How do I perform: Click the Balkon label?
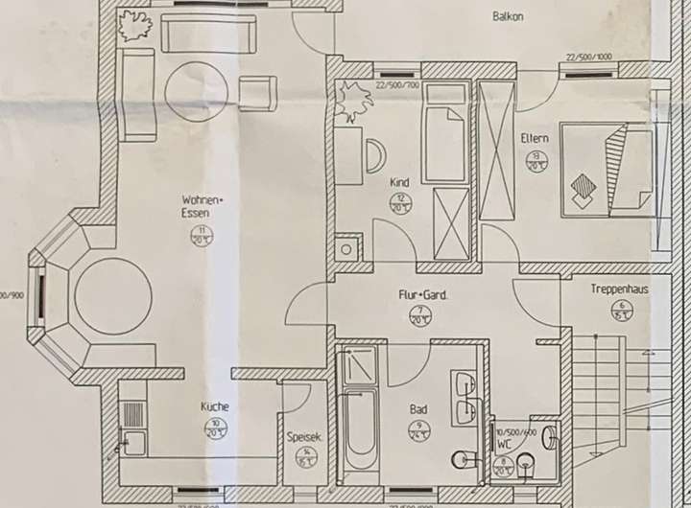coord(508,16)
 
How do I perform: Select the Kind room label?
coord(399,181)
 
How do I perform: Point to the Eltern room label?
coord(535,138)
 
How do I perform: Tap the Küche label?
coord(215,405)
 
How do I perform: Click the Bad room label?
coord(418,409)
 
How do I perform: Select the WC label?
coord(504,446)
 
